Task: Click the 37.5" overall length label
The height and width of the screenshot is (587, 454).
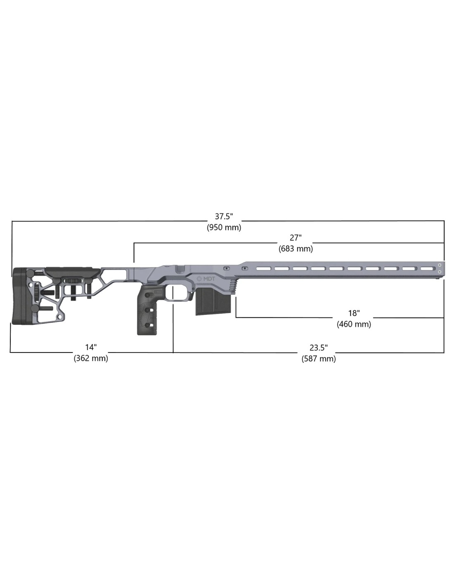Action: click(x=224, y=216)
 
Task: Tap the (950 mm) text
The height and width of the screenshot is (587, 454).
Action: click(x=224, y=227)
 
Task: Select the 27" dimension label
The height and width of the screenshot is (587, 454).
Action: click(x=296, y=238)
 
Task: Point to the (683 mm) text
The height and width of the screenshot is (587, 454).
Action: click(x=296, y=249)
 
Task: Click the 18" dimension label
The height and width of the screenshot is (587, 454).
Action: click(x=354, y=313)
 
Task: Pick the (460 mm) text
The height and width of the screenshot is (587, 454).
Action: click(x=354, y=324)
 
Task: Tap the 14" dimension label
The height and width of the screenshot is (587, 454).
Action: click(x=91, y=347)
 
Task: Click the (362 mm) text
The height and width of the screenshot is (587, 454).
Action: click(x=91, y=358)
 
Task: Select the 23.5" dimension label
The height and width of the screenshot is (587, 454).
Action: click(x=319, y=348)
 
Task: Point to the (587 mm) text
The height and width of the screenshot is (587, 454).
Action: click(x=319, y=358)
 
